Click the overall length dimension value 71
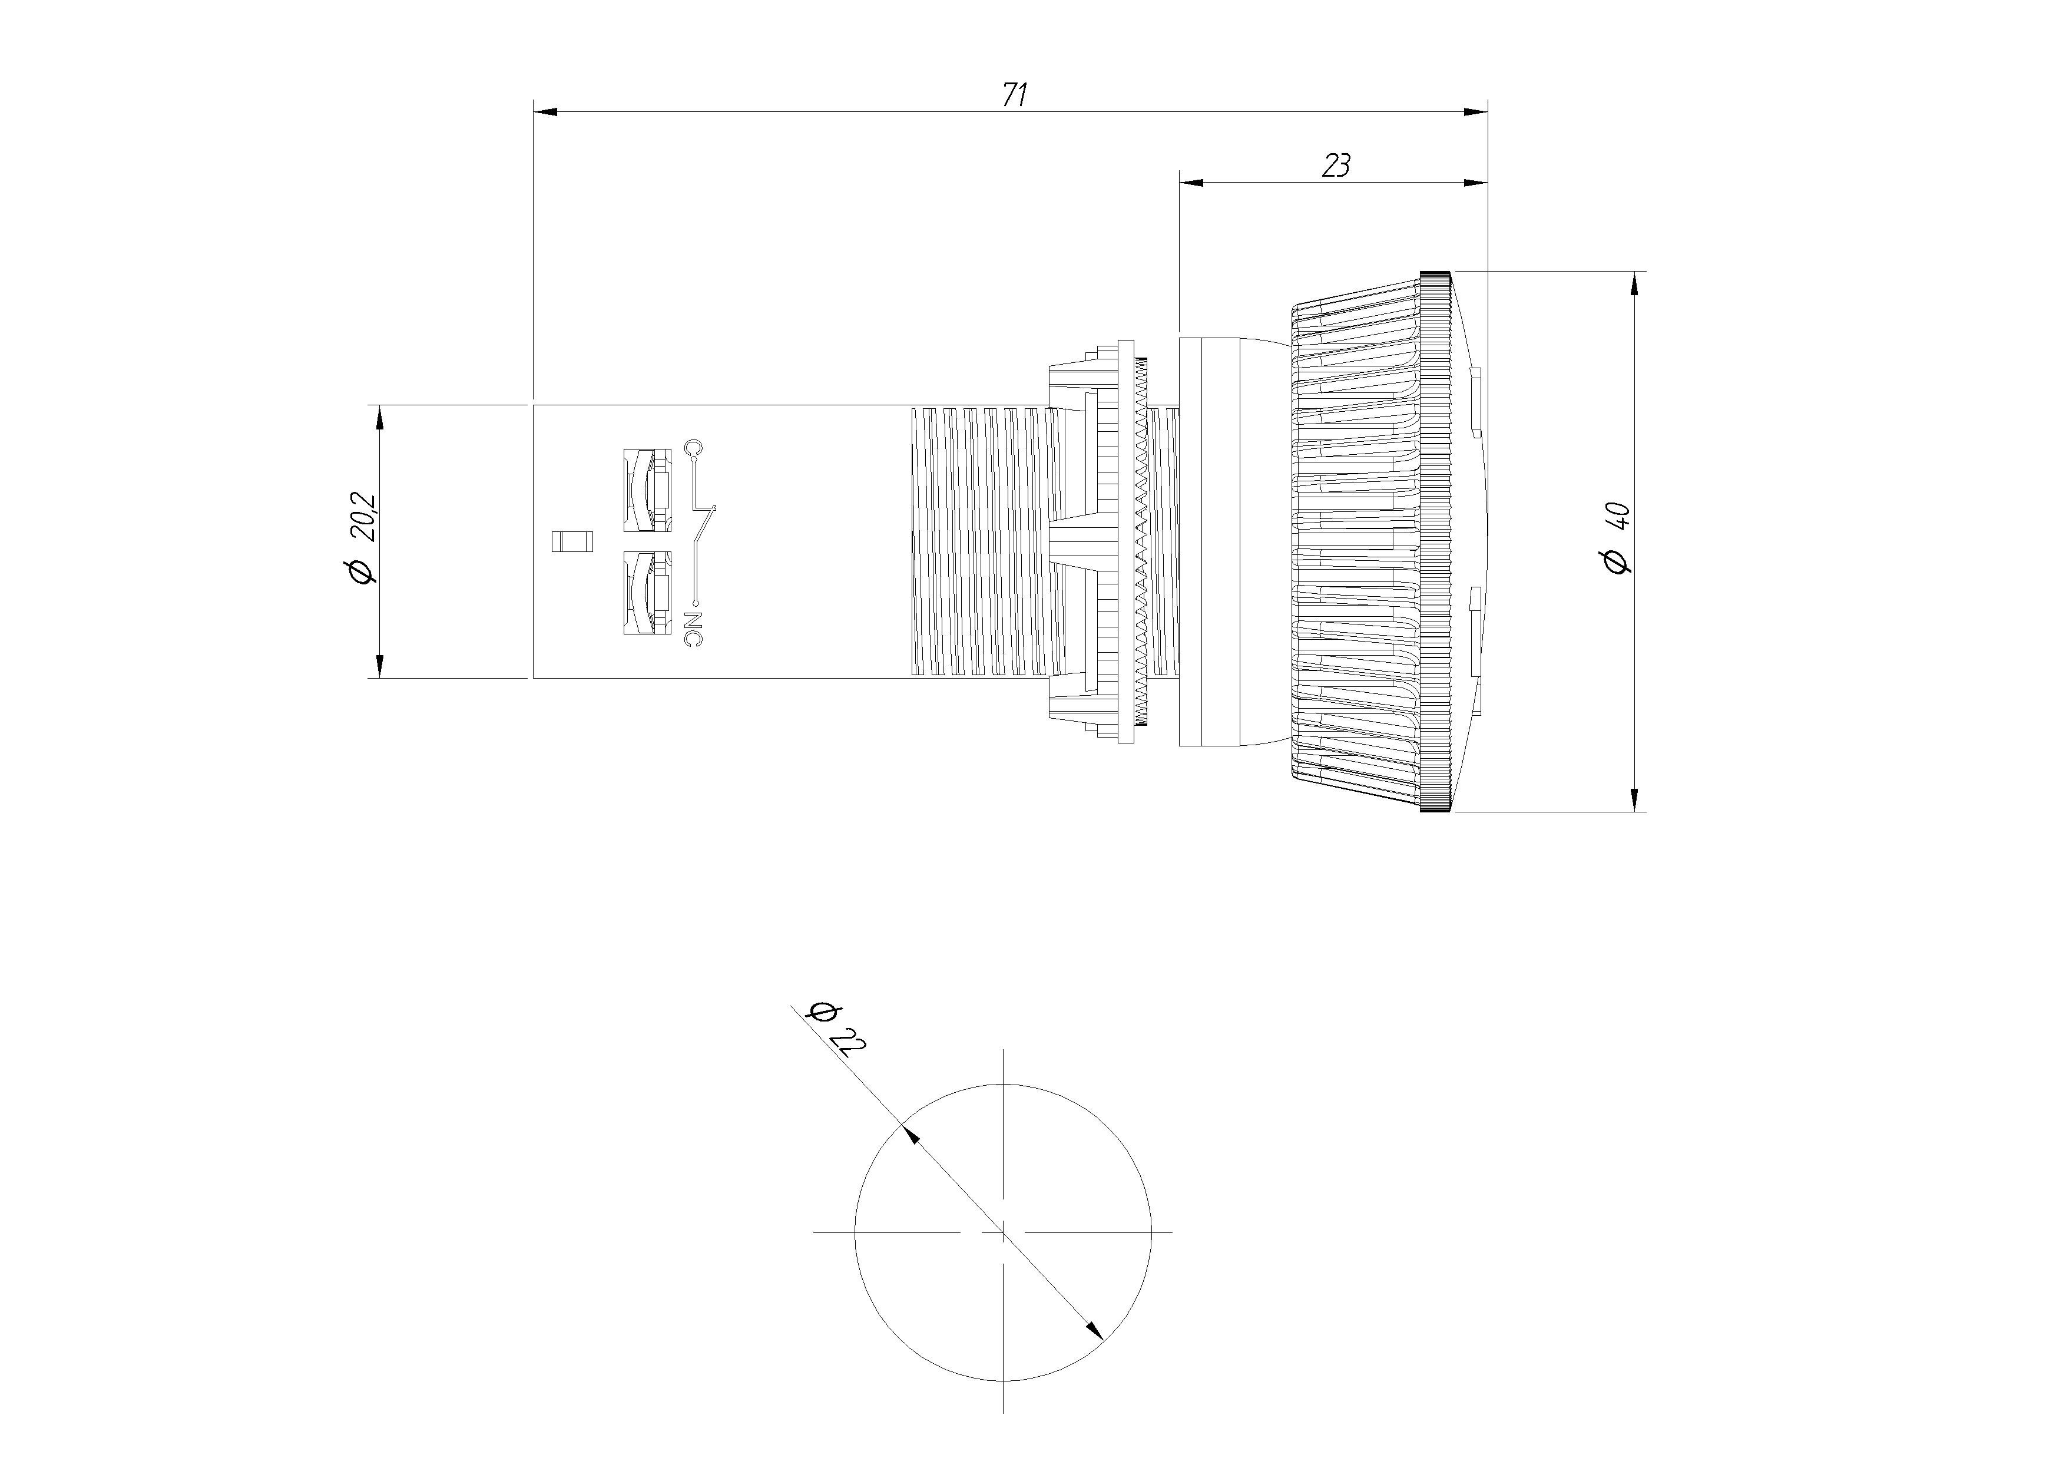(1015, 94)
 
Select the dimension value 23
(1336, 166)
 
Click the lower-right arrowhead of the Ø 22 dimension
(1094, 1330)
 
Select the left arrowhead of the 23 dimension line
(1190, 183)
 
